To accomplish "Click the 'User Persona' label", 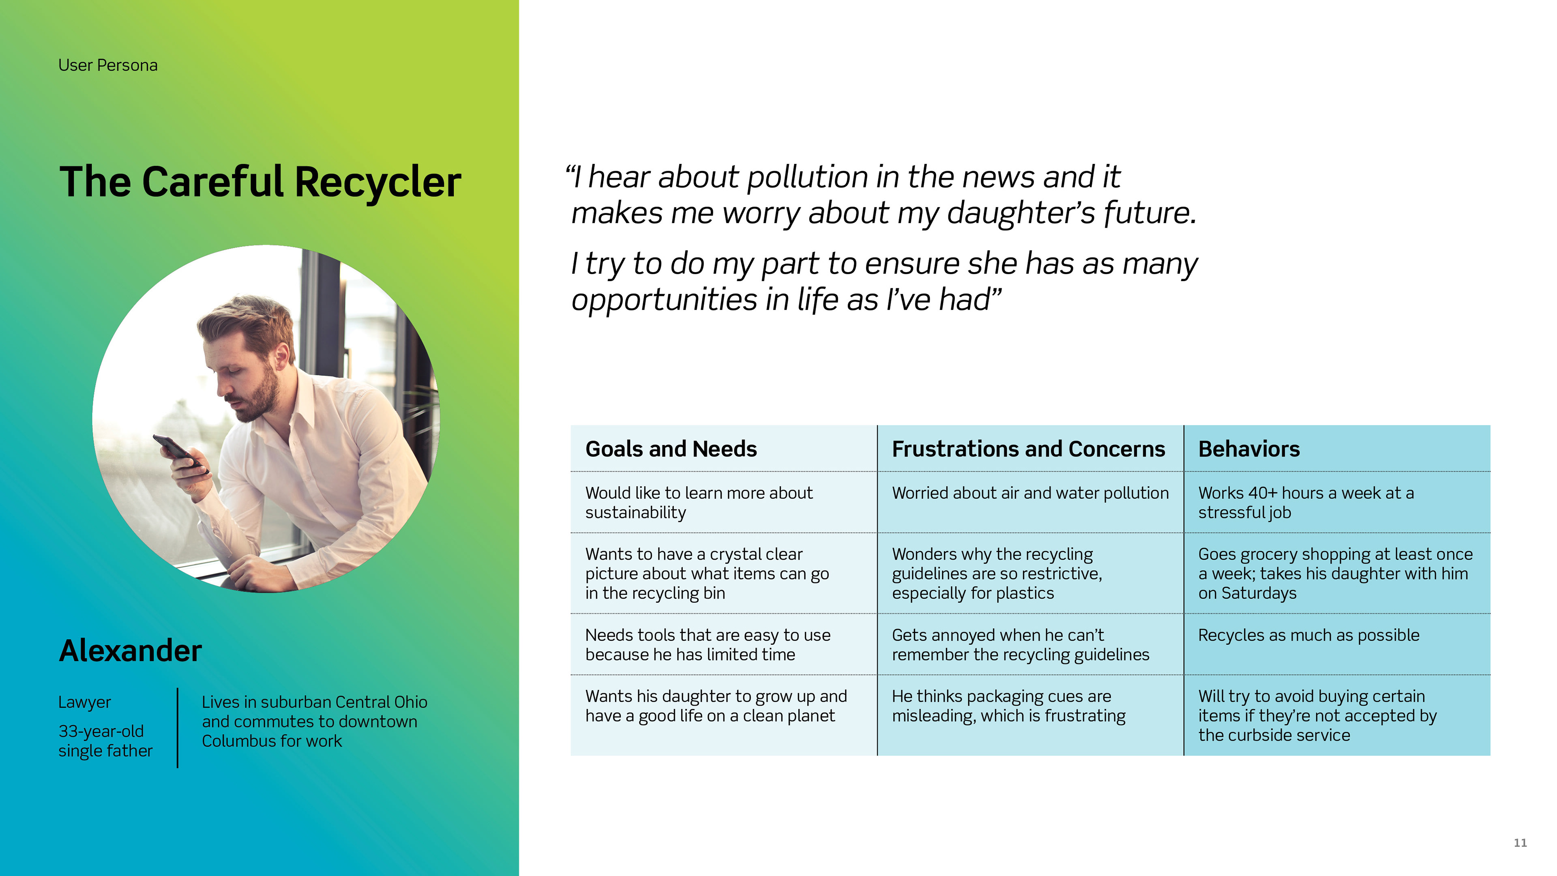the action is pyautogui.click(x=107, y=65).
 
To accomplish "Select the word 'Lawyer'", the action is pyautogui.click(x=85, y=702).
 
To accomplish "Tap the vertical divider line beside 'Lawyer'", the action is pyautogui.click(x=178, y=728).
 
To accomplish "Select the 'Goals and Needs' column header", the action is pyautogui.click(x=671, y=449).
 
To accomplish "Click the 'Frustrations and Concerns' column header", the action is pyautogui.click(x=1028, y=449).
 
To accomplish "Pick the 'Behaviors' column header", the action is pyautogui.click(x=1249, y=449).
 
